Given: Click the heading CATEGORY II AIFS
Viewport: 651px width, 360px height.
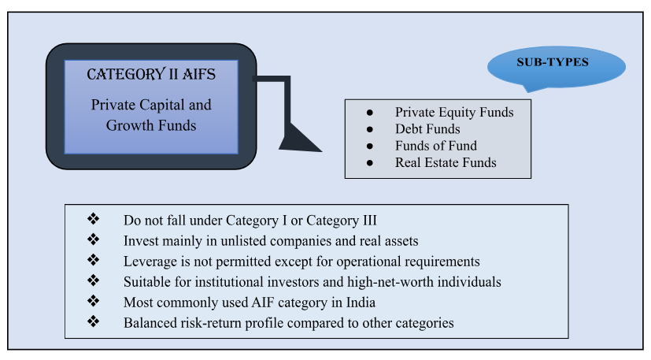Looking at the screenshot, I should pos(151,75).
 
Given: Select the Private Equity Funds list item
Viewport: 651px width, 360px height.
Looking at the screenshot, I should pos(454,112).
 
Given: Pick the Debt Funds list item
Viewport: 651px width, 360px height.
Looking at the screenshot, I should pos(427,128).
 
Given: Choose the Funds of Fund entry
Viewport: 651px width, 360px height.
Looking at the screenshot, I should pos(436,146).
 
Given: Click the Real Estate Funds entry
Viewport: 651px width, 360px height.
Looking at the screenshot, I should pos(446,162).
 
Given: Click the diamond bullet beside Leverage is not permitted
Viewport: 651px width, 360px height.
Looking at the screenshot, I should pos(94,260).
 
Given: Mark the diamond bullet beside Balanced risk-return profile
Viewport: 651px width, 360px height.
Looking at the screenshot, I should pos(94,322).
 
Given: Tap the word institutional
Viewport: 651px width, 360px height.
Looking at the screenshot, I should pos(214,281).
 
